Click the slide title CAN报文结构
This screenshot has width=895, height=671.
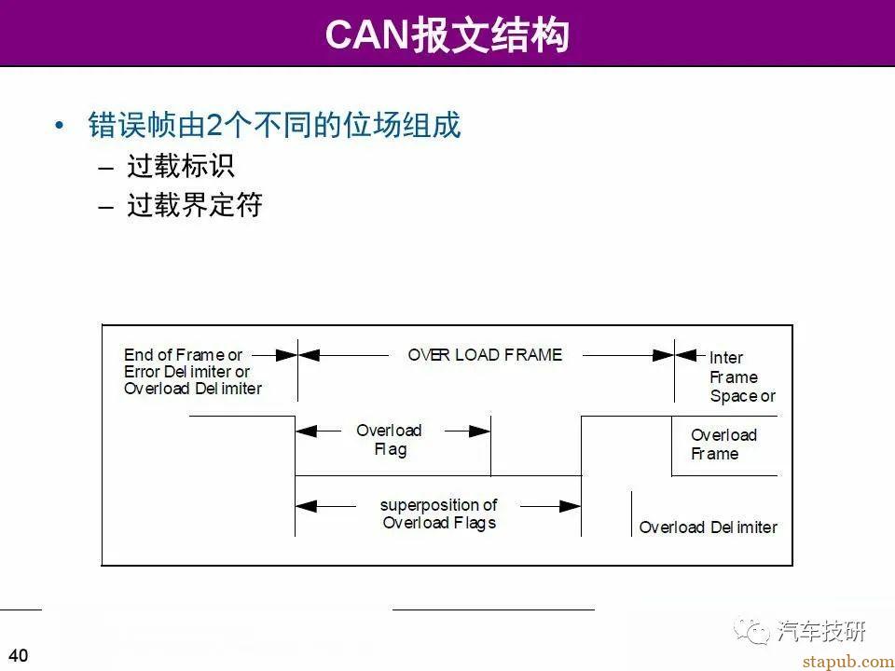(447, 34)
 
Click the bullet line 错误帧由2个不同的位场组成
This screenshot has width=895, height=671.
(274, 125)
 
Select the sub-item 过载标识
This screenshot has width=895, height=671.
(181, 166)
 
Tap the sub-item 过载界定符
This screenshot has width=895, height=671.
(195, 205)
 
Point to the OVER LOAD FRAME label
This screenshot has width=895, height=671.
(485, 355)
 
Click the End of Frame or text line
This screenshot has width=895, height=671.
(183, 355)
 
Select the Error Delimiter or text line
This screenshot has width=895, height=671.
(187, 372)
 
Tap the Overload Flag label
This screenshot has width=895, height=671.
(389, 440)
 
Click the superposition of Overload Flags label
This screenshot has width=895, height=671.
(439, 514)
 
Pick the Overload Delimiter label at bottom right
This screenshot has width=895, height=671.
(708, 527)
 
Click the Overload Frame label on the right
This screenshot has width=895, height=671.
(723, 445)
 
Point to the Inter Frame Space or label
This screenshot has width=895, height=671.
(741, 377)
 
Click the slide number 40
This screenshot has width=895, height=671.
(18, 655)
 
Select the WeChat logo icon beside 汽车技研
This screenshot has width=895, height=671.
(753, 632)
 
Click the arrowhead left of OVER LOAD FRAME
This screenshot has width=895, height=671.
(309, 355)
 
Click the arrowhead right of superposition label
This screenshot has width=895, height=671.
(571, 506)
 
